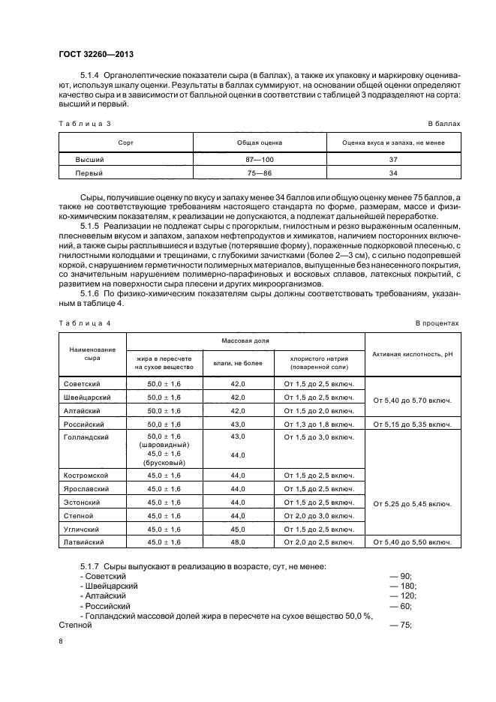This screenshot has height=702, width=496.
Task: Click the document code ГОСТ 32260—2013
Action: pos(91,54)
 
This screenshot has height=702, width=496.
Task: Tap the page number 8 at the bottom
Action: pos(60,641)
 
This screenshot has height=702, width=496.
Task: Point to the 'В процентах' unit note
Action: pos(437,323)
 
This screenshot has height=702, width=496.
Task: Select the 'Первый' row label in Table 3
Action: pos(89,172)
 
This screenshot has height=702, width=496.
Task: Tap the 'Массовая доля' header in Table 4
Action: pos(245,340)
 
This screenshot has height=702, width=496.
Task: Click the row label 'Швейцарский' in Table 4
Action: pos(88,397)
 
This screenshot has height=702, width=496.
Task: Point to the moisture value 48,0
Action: pos(239,541)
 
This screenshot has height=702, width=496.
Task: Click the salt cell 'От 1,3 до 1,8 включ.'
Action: pos(319,424)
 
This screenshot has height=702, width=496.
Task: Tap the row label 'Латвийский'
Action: pos(84,541)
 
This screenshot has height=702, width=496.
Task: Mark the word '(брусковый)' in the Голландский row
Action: pos(164,463)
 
